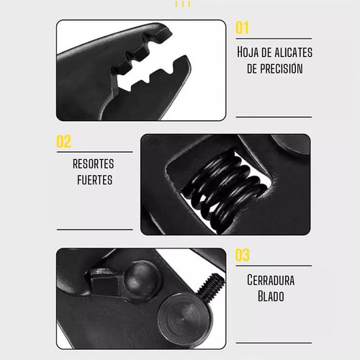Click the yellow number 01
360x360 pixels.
242,27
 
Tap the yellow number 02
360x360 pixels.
63,141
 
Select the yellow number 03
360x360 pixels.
242,255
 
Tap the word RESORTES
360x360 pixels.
94,164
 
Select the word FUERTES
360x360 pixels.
94,180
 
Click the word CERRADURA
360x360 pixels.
271,280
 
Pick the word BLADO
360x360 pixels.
271,296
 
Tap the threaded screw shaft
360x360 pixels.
211,285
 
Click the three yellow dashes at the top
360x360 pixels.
183,4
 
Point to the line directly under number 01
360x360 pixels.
274,38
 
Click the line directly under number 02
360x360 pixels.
95,152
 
